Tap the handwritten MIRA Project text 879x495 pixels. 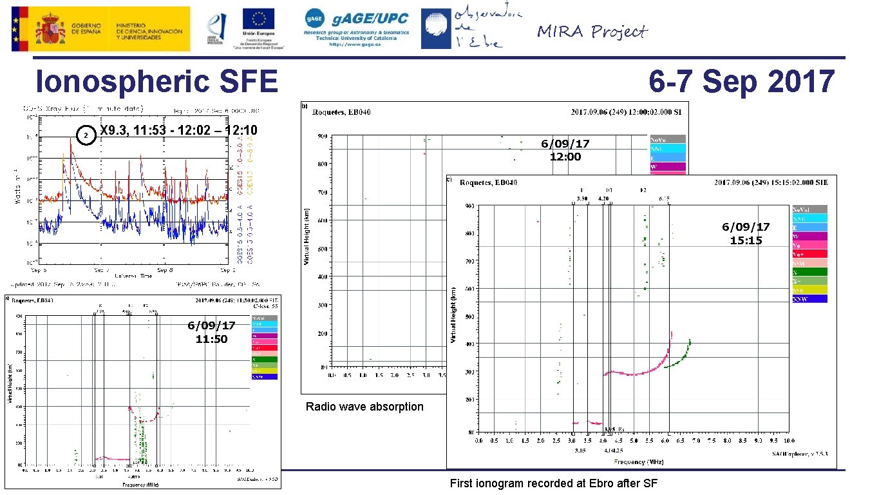pos(592,32)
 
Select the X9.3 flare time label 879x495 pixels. pos(178,131)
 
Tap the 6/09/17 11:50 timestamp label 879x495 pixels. pos(211,332)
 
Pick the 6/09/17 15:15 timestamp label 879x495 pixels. pos(745,233)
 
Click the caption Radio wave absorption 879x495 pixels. pos(364,407)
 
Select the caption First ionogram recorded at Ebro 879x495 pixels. pos(554,483)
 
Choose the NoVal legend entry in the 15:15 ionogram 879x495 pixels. pos(809,210)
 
